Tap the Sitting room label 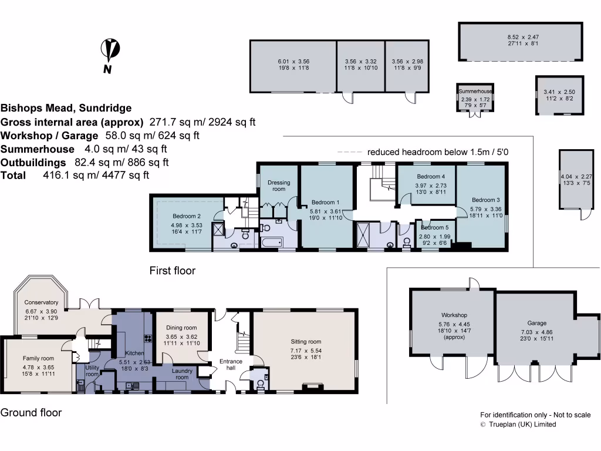tap(306, 341)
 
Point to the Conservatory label tap(41, 303)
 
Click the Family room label tap(38, 358)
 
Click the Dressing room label tap(279, 186)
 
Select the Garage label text tap(536, 323)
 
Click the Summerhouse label tap(475, 92)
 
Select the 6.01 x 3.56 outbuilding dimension tap(293, 61)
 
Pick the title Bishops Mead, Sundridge tap(66, 108)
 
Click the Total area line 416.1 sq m tap(75, 175)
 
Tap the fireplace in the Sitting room tap(312, 386)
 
